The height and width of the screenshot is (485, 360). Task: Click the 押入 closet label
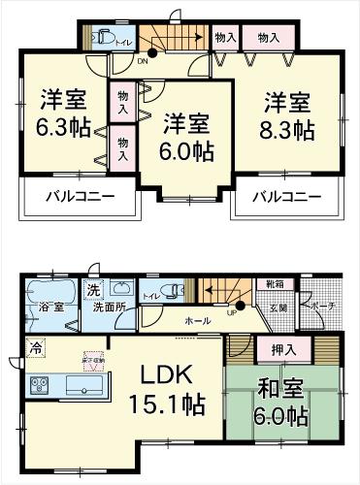[x=273, y=347]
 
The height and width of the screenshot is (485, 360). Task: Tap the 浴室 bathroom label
[x=50, y=307]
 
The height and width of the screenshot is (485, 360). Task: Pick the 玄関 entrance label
[x=278, y=307]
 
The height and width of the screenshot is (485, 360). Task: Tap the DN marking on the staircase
[x=143, y=60]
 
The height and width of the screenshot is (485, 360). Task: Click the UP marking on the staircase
[x=232, y=312]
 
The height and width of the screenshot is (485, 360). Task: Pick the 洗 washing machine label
[x=93, y=289]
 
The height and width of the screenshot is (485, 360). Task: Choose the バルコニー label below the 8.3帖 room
[x=287, y=198]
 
